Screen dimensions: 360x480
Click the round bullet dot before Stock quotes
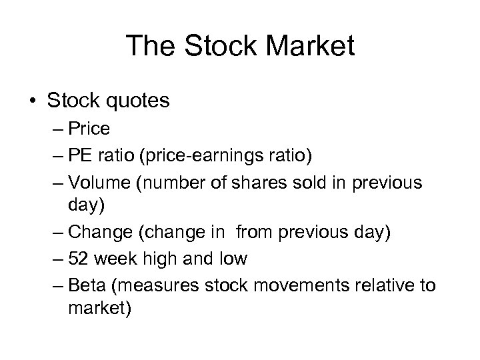(33, 101)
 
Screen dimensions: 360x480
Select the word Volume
(101, 183)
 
